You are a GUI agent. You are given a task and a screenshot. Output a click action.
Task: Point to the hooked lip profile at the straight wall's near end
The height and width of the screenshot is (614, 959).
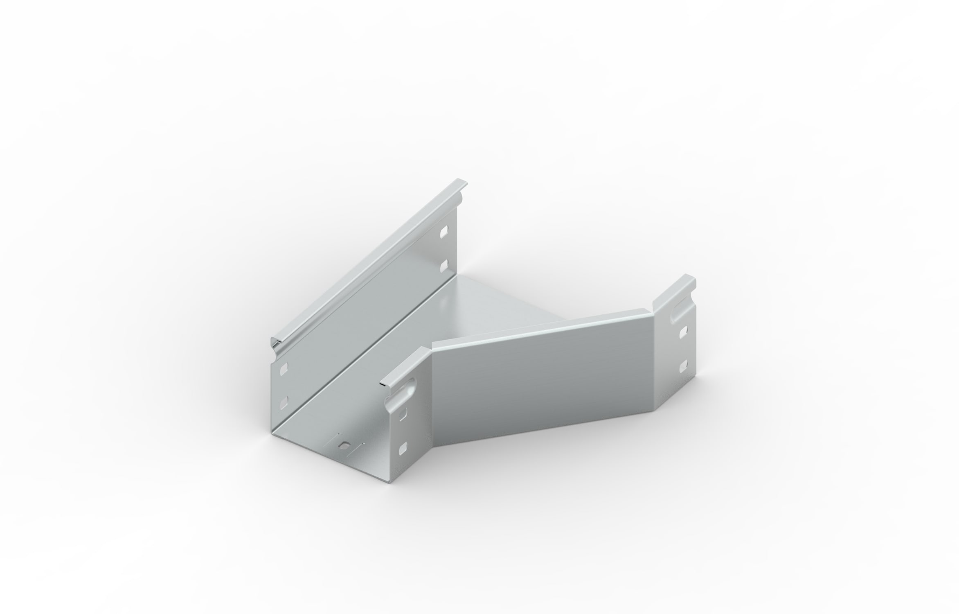pos(277,343)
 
